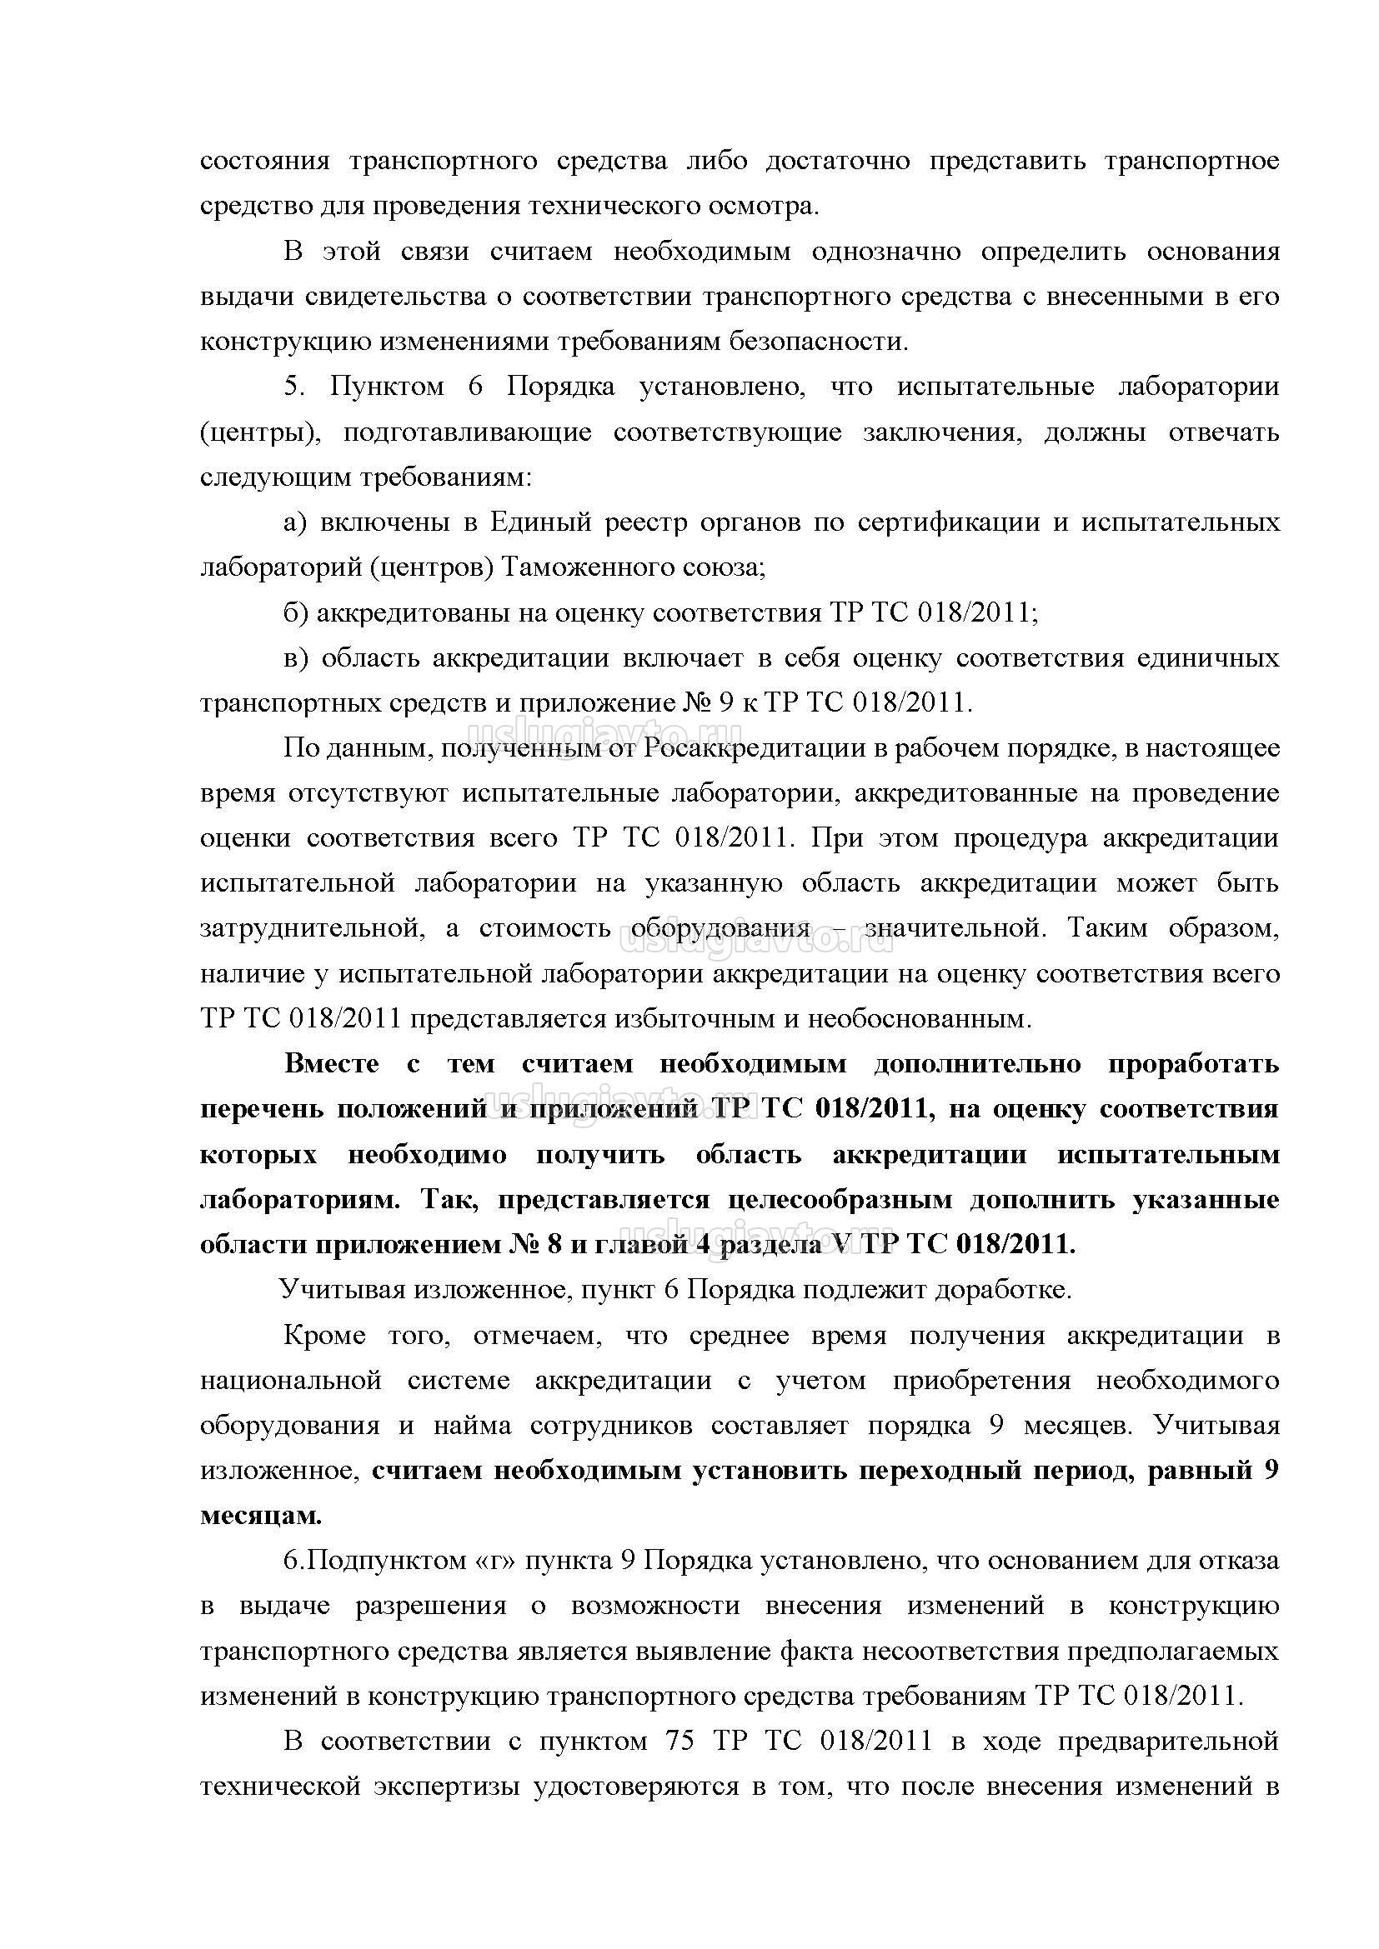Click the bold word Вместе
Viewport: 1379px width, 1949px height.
point(332,1064)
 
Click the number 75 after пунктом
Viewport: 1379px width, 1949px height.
point(679,1742)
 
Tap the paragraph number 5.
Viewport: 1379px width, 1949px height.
point(293,387)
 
